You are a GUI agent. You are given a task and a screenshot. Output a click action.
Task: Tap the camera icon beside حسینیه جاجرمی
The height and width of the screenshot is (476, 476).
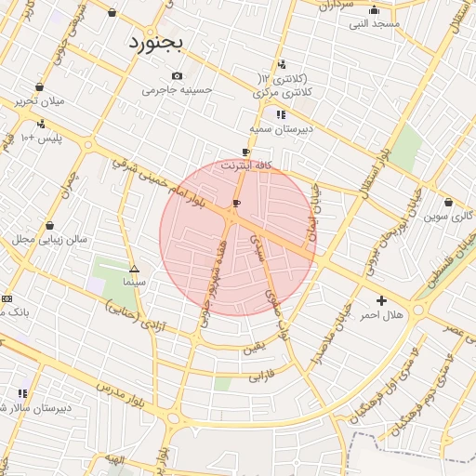(x=178, y=76)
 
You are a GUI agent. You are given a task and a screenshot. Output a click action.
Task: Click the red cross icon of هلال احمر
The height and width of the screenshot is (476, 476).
(x=381, y=300)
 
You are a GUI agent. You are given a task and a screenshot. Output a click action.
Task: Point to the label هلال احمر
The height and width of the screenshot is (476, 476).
(x=382, y=315)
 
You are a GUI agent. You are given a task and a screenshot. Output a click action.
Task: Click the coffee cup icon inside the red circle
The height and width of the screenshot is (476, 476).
(x=236, y=203)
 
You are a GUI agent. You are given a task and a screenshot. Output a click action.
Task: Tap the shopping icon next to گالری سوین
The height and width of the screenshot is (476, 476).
(x=448, y=202)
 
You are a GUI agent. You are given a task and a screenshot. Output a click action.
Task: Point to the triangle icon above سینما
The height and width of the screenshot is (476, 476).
(x=134, y=267)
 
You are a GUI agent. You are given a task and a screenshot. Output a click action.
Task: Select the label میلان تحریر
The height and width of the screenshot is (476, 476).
(x=38, y=100)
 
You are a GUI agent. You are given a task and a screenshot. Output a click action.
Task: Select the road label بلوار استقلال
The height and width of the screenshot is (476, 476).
(x=372, y=171)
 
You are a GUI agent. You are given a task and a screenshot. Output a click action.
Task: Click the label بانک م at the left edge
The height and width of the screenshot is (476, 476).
(x=15, y=312)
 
